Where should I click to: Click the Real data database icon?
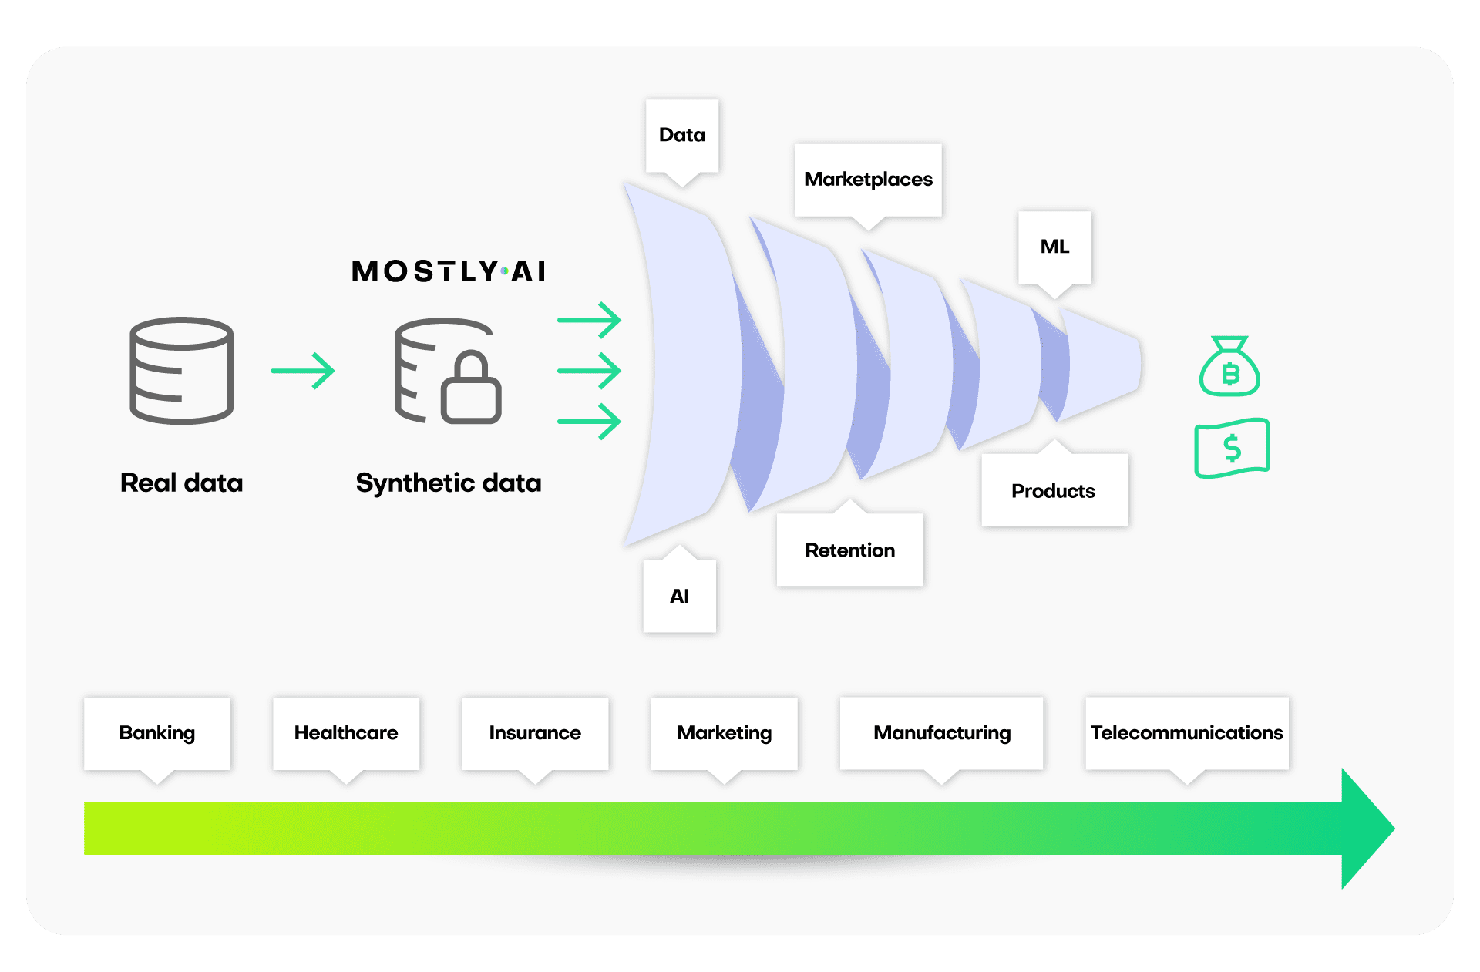[182, 370]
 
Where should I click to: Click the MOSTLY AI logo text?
[449, 271]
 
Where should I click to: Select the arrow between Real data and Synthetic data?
[303, 371]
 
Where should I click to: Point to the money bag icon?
[1229, 368]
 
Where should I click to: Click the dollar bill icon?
[1232, 448]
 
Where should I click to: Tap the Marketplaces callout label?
[868, 180]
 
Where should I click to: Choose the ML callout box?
[1054, 247]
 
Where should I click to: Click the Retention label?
[849, 550]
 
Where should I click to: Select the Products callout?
[1053, 491]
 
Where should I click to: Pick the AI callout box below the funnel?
[679, 596]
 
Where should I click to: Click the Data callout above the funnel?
[681, 136]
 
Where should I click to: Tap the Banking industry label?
[157, 733]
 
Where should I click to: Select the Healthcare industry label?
[346, 733]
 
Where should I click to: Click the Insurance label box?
[535, 733]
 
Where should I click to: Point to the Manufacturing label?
[941, 733]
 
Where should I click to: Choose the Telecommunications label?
[1186, 733]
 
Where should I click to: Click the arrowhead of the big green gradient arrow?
[1366, 829]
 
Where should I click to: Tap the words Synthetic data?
[449, 483]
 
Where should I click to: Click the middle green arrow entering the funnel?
[590, 371]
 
